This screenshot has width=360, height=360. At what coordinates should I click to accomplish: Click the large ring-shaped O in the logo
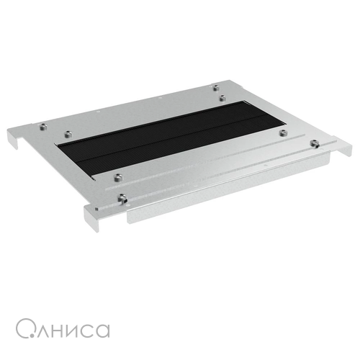(x=17, y=328)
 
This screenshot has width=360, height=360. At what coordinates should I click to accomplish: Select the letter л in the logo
(x=44, y=331)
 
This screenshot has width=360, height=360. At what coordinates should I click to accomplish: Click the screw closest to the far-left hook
(x=43, y=127)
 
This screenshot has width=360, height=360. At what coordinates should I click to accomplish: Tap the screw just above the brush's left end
(x=68, y=134)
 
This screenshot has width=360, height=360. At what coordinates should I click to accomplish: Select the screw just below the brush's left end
(x=117, y=178)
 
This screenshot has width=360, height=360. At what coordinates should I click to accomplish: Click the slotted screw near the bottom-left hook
(x=122, y=199)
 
